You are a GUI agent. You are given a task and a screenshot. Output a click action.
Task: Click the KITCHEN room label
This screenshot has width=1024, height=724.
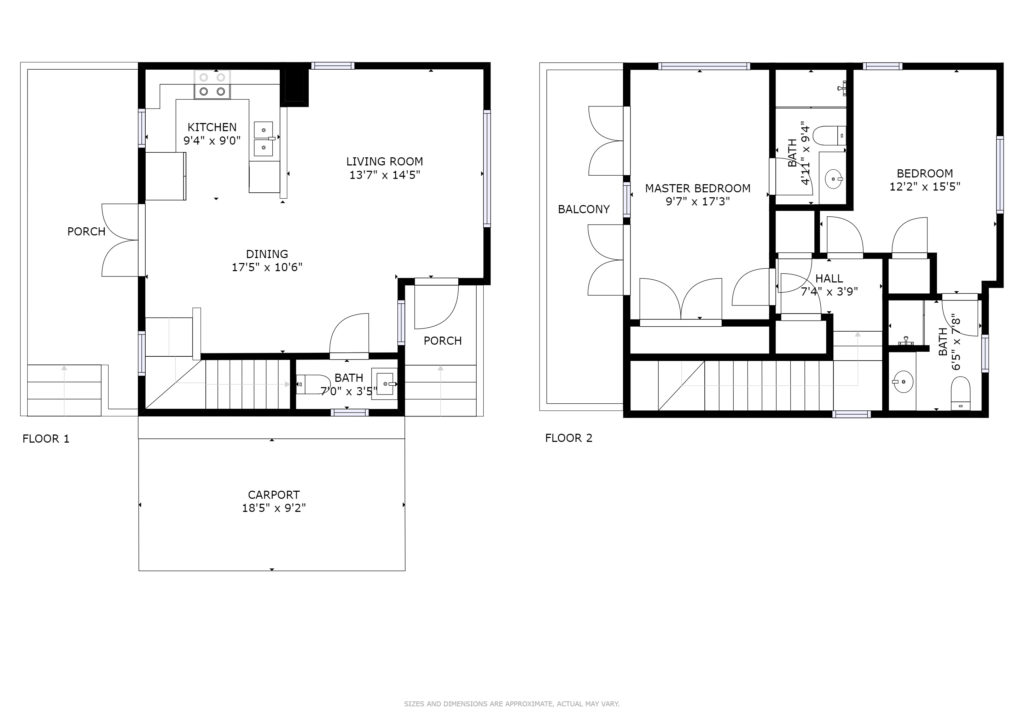pyautogui.click(x=212, y=127)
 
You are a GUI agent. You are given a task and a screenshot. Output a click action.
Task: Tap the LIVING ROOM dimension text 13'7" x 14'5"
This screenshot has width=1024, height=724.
pyautogui.click(x=385, y=175)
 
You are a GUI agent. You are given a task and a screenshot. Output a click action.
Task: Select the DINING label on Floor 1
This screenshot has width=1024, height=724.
pyautogui.click(x=267, y=254)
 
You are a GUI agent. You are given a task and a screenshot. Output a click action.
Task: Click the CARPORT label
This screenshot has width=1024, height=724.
pyautogui.click(x=274, y=495)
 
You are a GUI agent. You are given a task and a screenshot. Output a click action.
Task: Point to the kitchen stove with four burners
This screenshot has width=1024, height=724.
pyautogui.click(x=213, y=85)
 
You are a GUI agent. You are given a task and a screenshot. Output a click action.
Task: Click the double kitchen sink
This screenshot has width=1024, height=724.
pyautogui.click(x=264, y=139)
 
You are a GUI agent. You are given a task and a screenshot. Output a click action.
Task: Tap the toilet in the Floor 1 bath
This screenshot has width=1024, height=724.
pyautogui.click(x=313, y=385)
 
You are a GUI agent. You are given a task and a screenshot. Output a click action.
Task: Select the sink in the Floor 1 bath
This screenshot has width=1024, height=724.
pyautogui.click(x=384, y=381)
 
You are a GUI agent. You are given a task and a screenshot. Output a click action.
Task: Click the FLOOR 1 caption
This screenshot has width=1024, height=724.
pyautogui.click(x=46, y=439)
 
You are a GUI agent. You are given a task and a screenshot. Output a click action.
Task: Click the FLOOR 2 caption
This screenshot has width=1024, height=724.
pyautogui.click(x=569, y=438)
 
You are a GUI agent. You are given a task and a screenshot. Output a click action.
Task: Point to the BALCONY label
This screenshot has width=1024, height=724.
pyautogui.click(x=584, y=210)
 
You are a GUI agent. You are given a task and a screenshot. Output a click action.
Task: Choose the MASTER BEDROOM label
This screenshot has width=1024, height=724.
pyautogui.click(x=697, y=189)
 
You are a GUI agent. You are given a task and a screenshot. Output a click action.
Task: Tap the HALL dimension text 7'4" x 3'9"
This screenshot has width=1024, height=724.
pyautogui.click(x=829, y=292)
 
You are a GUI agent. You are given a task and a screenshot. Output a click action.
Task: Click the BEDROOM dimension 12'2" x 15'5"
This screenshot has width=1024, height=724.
pyautogui.click(x=925, y=187)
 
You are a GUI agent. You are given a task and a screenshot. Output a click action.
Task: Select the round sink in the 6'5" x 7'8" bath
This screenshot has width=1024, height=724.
pyautogui.click(x=904, y=383)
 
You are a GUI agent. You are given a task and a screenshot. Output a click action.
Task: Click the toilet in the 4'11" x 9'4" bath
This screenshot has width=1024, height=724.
pyautogui.click(x=833, y=135)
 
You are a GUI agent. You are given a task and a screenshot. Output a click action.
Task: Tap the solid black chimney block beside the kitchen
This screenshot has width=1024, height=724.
pyautogui.click(x=295, y=87)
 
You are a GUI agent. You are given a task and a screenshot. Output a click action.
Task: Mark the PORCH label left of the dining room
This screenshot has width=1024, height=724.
pyautogui.click(x=86, y=232)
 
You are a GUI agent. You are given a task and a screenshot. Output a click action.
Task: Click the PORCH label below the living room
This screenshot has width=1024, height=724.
pyautogui.click(x=442, y=341)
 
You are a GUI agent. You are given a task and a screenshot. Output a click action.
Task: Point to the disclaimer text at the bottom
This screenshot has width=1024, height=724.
pyautogui.click(x=511, y=704)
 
